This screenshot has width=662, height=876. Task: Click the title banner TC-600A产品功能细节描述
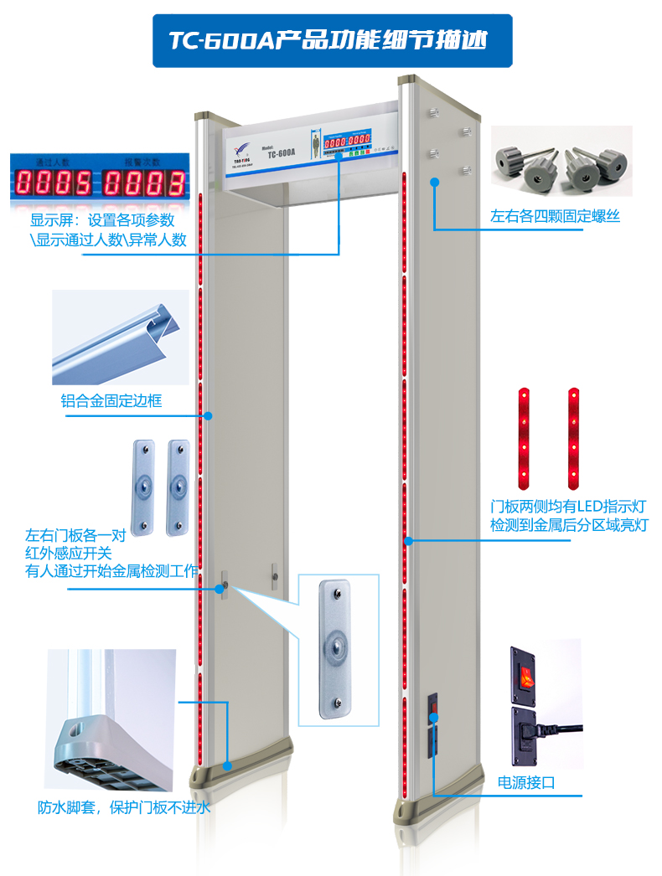point(330,39)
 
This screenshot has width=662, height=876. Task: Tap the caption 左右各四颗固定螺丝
point(555,216)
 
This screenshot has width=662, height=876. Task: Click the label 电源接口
point(526,783)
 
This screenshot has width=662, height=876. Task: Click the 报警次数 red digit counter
point(143,182)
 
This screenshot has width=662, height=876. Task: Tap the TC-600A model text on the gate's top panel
point(281,152)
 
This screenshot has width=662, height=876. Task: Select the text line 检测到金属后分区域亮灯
point(569,525)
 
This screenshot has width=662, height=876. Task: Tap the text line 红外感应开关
point(69,553)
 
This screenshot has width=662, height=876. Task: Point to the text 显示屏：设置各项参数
point(102,220)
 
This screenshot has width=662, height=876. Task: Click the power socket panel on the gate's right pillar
point(433,723)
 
